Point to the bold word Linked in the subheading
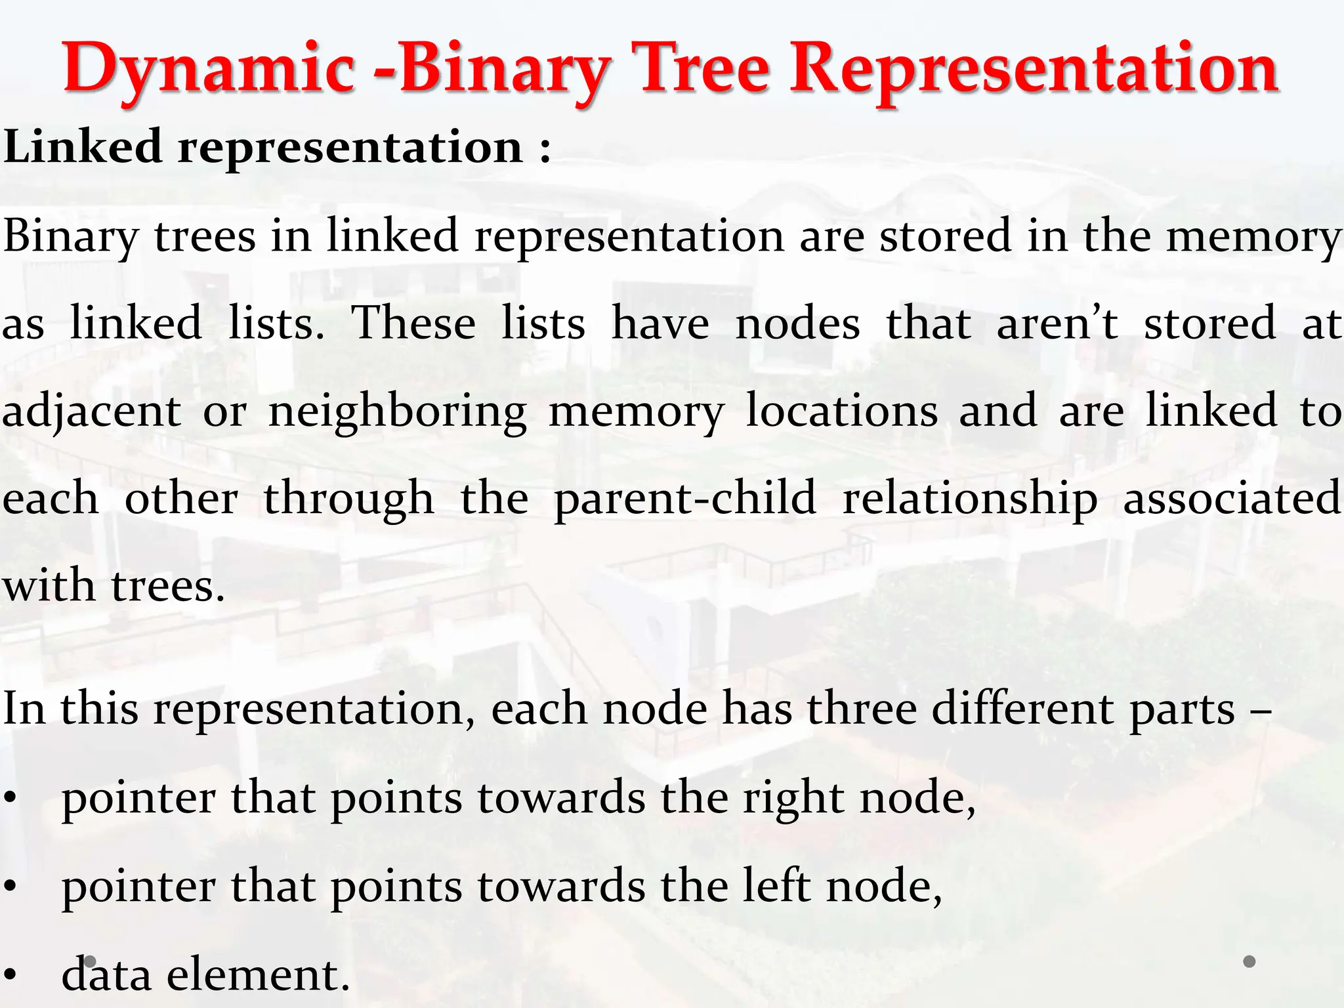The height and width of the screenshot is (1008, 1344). click(83, 146)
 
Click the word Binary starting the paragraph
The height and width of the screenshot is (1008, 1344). click(70, 236)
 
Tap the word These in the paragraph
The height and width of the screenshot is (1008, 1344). click(413, 323)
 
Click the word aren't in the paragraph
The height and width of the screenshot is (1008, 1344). click(1057, 323)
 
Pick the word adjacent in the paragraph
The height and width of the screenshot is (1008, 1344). click(91, 412)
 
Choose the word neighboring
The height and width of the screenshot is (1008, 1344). click(398, 412)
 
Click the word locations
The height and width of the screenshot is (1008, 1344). click(842, 411)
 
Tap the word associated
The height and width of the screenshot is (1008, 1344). click(1232, 497)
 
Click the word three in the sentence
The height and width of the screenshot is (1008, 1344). click(862, 709)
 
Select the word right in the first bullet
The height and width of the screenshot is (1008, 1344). click(793, 799)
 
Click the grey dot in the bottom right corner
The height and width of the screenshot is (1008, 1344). click(1249, 961)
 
